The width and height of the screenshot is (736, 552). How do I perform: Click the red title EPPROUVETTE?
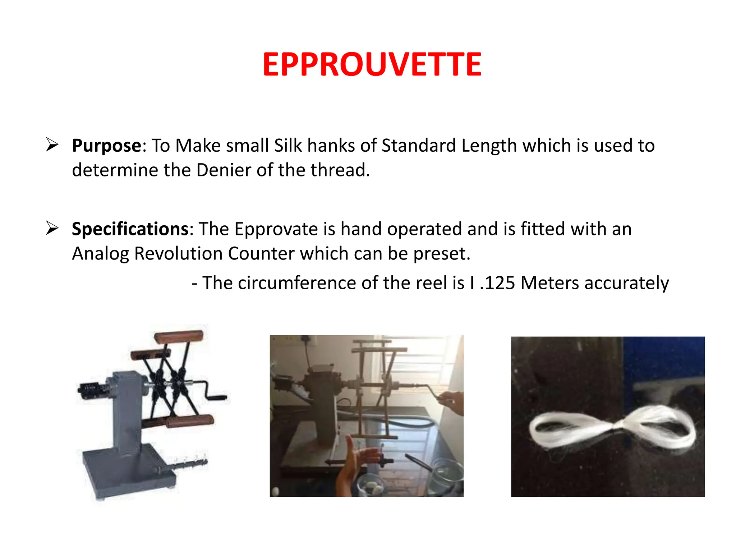[372, 65]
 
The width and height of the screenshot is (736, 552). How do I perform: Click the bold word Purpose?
[106, 146]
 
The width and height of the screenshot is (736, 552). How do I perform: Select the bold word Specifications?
[130, 229]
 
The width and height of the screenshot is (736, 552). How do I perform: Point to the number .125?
[498, 283]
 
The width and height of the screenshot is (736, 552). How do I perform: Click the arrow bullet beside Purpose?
[52, 145]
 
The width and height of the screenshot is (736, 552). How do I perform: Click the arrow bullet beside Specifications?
[52, 228]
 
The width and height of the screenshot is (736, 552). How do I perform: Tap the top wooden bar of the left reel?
[179, 337]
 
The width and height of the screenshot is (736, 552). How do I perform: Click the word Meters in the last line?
[550, 283]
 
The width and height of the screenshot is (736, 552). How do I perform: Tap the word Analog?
[100, 254]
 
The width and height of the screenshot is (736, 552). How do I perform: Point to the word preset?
[441, 254]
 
